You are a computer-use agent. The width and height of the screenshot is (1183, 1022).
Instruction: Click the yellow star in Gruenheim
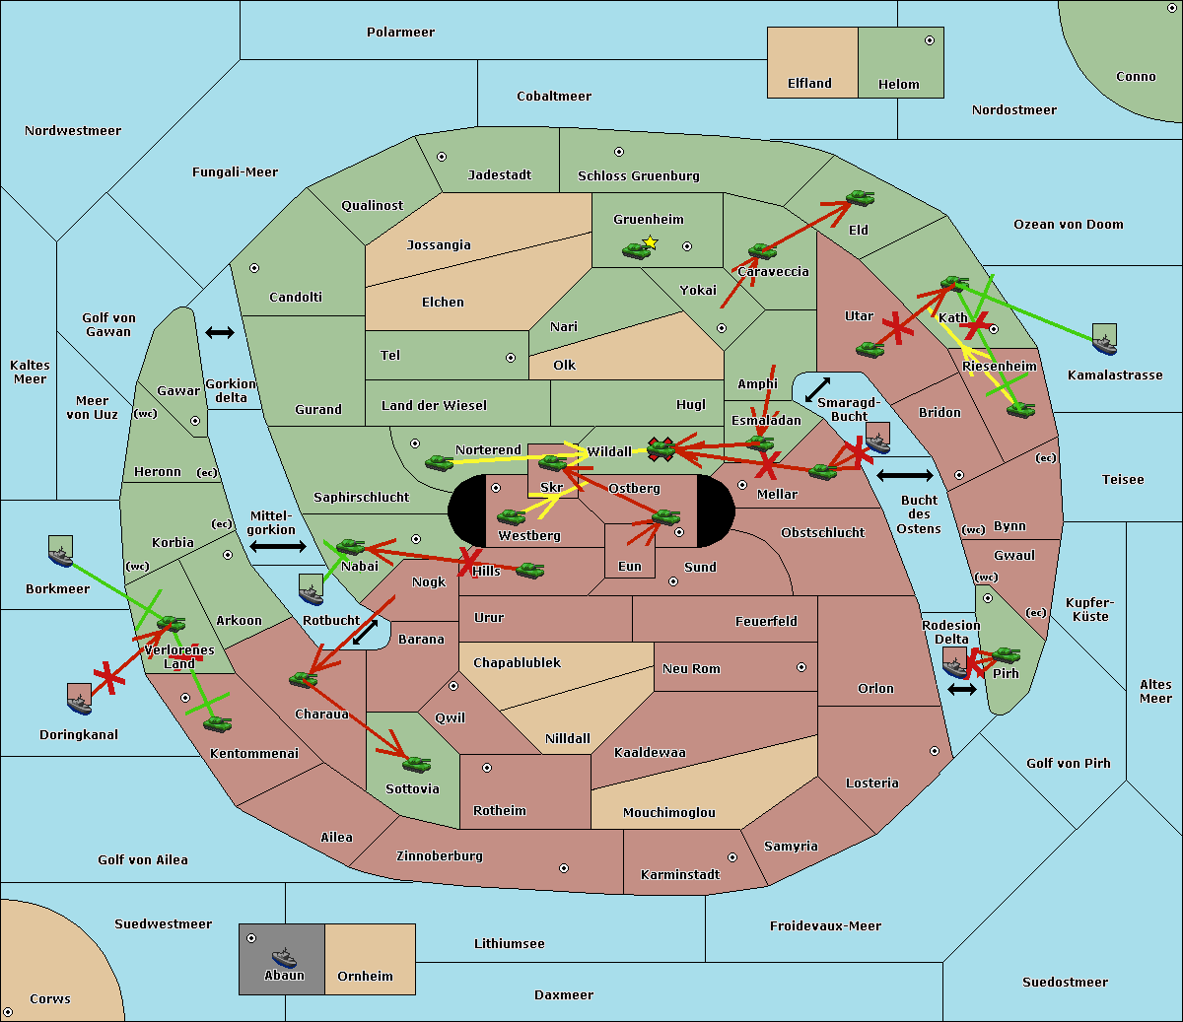tap(651, 242)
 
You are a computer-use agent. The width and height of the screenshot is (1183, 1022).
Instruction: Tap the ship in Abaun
tap(285, 958)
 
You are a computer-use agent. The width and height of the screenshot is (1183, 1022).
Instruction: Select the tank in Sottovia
tap(417, 764)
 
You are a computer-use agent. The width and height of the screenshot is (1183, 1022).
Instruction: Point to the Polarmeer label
tap(400, 33)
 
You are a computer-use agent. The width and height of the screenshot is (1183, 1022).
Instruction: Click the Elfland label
tap(809, 84)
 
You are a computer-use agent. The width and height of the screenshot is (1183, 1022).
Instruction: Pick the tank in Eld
tap(861, 198)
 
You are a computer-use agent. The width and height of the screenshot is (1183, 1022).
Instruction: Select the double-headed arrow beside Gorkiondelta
tap(220, 332)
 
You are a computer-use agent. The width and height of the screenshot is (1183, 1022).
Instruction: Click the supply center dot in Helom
tap(930, 40)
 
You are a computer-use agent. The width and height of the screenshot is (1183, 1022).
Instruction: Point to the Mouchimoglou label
tap(669, 812)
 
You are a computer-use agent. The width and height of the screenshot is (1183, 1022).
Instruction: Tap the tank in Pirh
tap(1007, 654)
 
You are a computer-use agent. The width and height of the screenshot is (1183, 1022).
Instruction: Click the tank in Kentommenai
tap(218, 723)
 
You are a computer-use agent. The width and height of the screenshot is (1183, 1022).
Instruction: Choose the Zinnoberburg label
tap(440, 856)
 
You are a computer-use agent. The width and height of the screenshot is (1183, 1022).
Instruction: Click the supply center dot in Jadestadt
tap(442, 157)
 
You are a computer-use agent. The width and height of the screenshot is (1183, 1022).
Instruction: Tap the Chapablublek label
tap(517, 662)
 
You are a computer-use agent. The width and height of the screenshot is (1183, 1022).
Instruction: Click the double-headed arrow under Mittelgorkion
tap(278, 547)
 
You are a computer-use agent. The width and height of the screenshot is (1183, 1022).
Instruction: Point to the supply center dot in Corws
tap(8, 1012)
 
